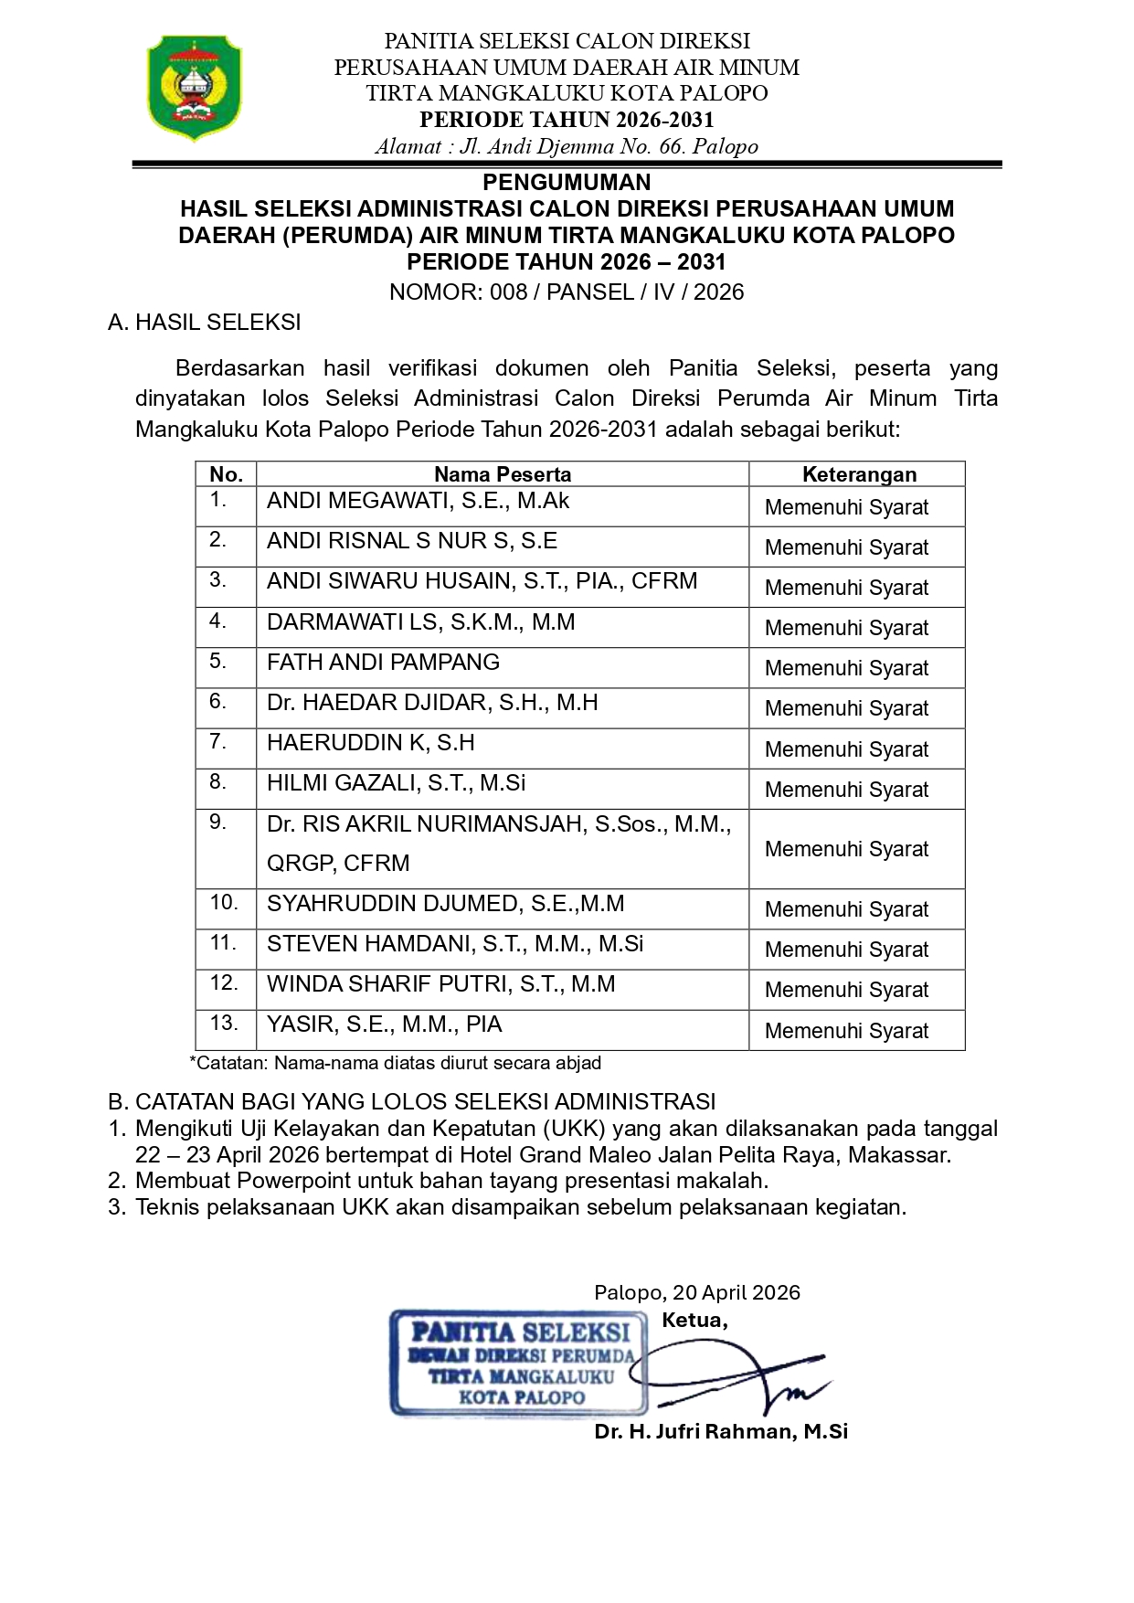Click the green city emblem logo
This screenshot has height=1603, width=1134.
[195, 89]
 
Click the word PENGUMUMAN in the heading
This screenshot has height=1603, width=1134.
[567, 182]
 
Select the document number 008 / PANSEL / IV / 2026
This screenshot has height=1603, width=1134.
[617, 292]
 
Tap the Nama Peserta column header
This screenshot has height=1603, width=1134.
[503, 474]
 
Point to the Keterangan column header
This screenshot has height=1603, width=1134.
[859, 474]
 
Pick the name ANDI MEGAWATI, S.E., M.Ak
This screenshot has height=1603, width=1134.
[418, 501]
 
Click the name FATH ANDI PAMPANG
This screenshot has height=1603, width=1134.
[383, 663]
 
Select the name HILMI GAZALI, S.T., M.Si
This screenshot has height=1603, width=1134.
[396, 783]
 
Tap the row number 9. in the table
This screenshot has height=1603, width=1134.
[217, 823]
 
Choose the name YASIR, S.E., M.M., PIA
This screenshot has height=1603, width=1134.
[384, 1024]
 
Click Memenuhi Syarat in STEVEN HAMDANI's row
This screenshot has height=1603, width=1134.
[846, 950]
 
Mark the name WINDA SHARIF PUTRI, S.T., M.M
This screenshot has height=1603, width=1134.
[440, 984]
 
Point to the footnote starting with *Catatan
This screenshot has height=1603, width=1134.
[395, 1063]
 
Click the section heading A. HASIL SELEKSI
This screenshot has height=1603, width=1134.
[204, 323]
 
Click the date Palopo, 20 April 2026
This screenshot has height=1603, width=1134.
[696, 1292]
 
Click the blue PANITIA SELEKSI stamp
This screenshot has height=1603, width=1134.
[519, 1363]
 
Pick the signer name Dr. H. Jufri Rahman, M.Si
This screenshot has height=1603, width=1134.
[721, 1431]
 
